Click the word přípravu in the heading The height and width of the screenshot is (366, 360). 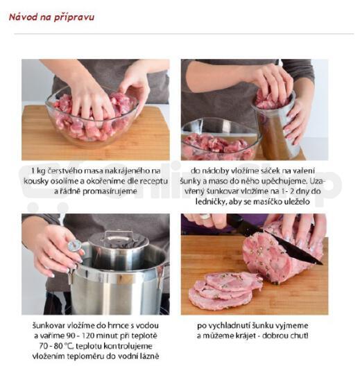click(x=74, y=18)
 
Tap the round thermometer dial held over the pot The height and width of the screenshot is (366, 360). click(x=74, y=245)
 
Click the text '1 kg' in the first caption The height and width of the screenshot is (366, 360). click(x=38, y=171)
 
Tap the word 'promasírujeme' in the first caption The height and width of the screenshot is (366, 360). click(x=110, y=191)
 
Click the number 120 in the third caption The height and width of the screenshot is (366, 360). click(x=88, y=335)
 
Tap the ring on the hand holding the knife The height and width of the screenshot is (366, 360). click(x=205, y=216)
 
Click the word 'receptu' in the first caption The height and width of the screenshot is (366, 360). click(x=154, y=182)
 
